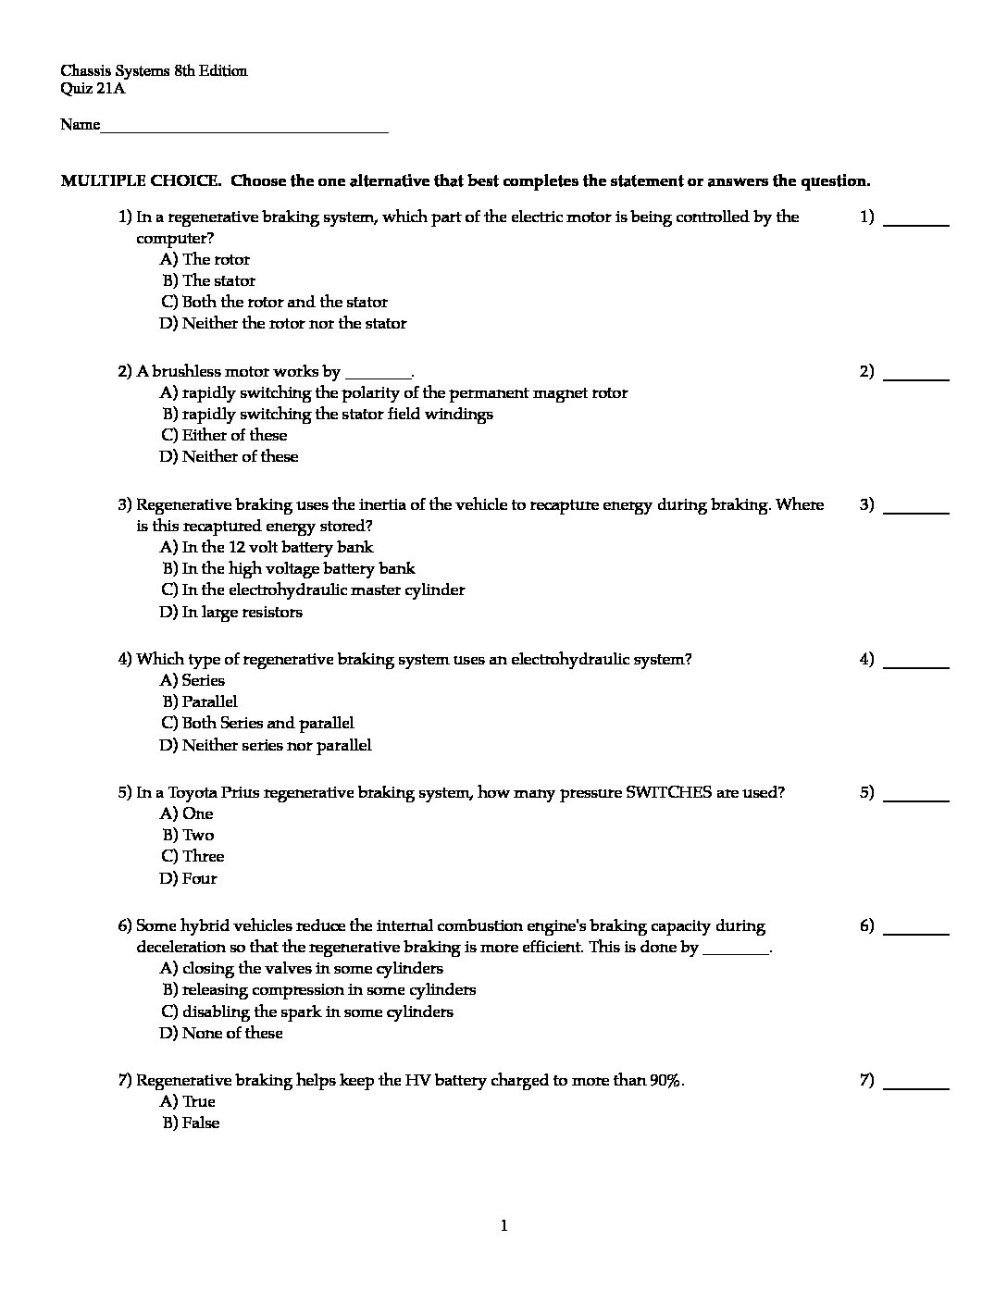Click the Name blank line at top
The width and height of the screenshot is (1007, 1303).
coord(243,130)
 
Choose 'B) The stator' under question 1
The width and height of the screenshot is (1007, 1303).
coord(209,280)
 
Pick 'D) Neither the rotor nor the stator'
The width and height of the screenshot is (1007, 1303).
coord(283,323)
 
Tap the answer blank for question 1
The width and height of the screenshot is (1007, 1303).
coord(916,222)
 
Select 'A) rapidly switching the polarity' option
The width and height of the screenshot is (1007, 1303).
coord(394,392)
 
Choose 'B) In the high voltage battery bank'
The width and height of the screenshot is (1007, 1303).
coord(289,568)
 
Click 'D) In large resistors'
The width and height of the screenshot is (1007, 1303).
coord(231,612)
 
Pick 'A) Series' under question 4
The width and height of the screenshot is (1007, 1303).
coord(193,680)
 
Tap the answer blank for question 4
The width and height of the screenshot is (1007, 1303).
coord(916,664)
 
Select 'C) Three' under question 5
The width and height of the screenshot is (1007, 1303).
coord(193,856)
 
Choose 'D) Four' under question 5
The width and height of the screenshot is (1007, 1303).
coord(189,878)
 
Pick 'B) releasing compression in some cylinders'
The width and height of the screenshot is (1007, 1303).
coord(319,989)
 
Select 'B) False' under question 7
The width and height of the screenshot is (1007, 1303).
coord(191,1123)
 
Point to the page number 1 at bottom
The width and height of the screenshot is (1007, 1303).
coord(503,1226)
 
